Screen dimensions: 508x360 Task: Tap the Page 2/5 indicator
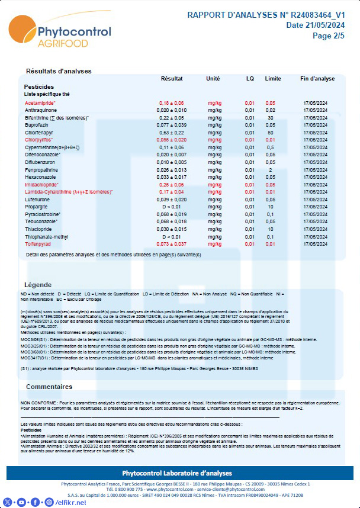(x=328, y=36)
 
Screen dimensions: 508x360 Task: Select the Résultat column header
(x=172, y=79)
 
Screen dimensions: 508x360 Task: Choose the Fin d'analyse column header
(x=317, y=79)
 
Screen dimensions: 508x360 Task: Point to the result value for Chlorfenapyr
(x=172, y=133)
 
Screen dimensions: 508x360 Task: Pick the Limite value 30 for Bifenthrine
(x=270, y=118)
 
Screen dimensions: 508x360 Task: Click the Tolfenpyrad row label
(x=39, y=244)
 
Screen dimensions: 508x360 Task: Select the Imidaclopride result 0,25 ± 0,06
(x=172, y=185)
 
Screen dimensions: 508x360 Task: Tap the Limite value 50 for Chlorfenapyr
(x=270, y=133)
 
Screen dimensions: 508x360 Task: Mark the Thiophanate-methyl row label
(x=47, y=236)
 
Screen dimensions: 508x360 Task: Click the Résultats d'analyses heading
(x=59, y=71)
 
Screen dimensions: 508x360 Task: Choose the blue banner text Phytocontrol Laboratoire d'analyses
(x=179, y=472)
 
